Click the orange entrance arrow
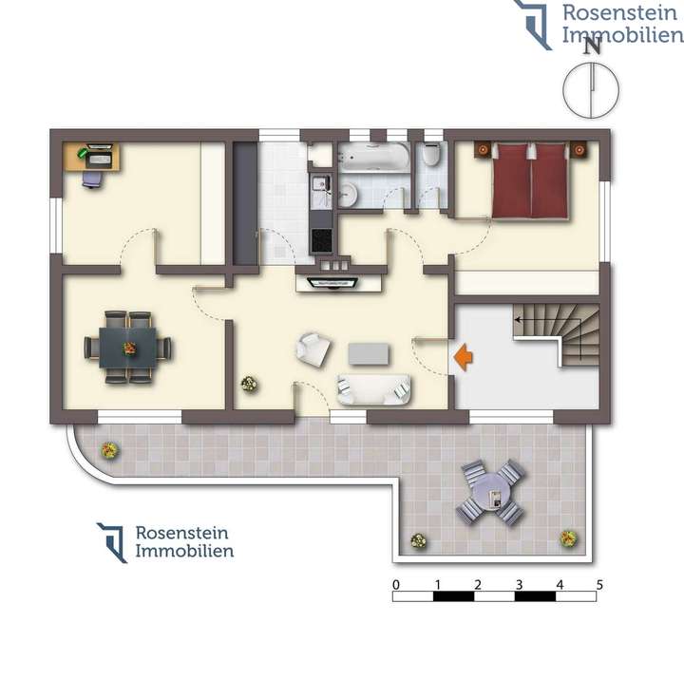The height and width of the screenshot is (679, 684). coord(464,357)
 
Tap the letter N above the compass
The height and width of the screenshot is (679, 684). coord(591,45)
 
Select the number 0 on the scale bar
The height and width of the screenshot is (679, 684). coord(395,584)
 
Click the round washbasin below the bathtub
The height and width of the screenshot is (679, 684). coord(348,195)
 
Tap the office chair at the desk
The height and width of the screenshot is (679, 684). coord(92,178)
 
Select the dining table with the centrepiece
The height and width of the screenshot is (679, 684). coord(127,348)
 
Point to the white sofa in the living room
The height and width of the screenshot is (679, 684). coord(374,387)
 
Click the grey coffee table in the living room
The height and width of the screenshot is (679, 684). coord(370,353)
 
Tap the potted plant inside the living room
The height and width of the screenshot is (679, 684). coord(249,384)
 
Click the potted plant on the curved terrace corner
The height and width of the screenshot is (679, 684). coord(109,449)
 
